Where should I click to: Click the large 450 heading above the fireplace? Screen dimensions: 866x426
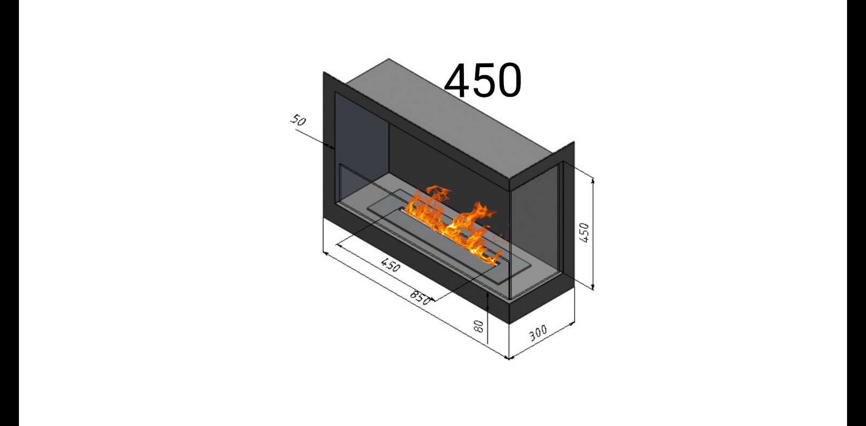tap(483, 81)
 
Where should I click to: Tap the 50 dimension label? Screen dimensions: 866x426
tap(298, 120)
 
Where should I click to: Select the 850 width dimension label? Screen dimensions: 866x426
tap(420, 297)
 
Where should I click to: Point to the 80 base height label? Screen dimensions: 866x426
tap(478, 326)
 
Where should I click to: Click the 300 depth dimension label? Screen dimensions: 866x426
tap(538, 333)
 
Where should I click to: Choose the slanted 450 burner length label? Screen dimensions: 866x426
tap(390, 265)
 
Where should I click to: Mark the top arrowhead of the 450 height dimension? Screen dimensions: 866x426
tap(593, 181)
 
